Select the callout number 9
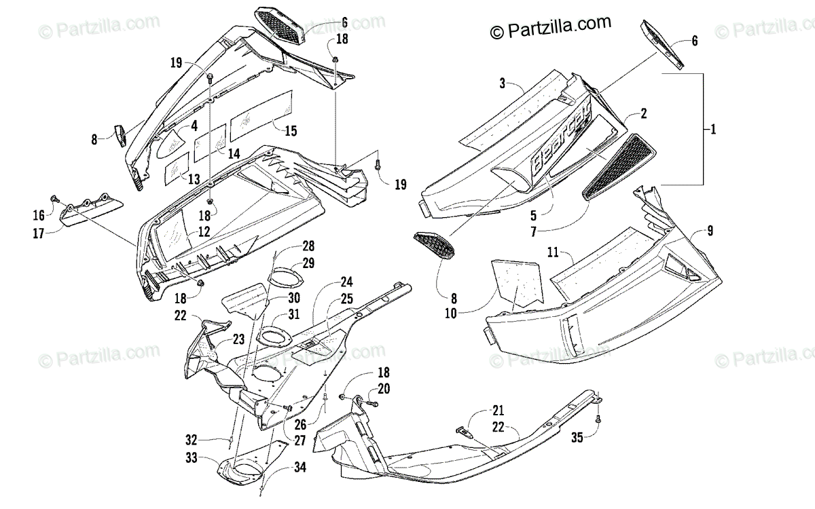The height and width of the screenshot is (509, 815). [709, 231]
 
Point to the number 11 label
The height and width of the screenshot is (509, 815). [553, 254]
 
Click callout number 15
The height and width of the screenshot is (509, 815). [291, 130]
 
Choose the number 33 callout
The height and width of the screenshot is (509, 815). [193, 458]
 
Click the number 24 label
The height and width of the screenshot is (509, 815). [346, 282]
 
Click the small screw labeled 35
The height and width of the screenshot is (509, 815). [598, 420]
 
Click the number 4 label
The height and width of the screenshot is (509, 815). [194, 125]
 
